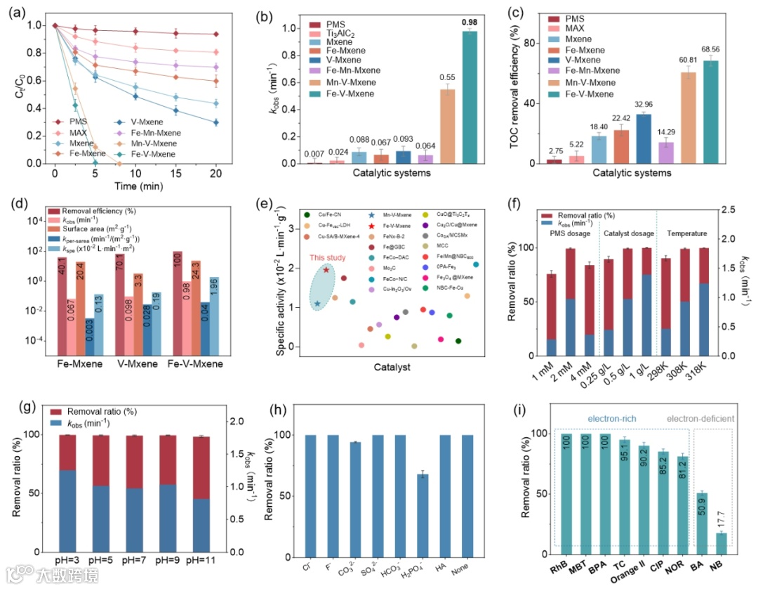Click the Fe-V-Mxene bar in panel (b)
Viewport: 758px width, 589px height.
pos(470,98)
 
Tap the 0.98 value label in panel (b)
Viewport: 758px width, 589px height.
pos(470,22)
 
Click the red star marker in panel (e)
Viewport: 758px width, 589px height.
pos(326,270)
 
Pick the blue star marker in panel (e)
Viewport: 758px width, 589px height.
pos(317,304)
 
